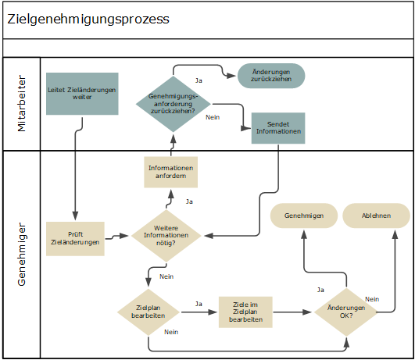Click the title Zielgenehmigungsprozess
click(88, 20)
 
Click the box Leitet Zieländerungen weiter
click(82, 94)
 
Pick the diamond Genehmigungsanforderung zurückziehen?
click(173, 103)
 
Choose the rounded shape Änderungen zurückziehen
click(271, 76)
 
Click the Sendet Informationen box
click(277, 128)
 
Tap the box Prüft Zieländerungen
click(77, 237)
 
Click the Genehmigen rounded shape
click(304, 216)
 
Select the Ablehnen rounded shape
click(376, 216)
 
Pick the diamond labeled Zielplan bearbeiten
click(148, 312)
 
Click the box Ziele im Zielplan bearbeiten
click(245, 312)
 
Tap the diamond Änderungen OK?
click(345, 312)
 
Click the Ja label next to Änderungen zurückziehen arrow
click(199, 80)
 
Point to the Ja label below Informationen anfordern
click(188, 201)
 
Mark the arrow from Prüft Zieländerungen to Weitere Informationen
click(117, 235)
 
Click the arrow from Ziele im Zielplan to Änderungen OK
click(293, 312)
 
